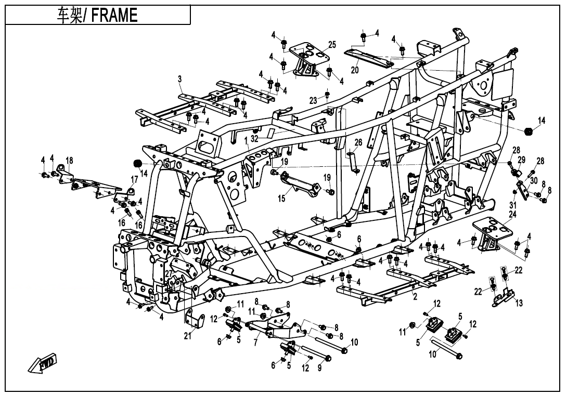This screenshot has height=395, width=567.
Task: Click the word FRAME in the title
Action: coord(114,15)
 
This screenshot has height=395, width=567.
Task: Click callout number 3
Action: coord(179,79)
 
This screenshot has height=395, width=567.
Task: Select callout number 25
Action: coord(332,45)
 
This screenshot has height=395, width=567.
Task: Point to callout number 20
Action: coord(355,70)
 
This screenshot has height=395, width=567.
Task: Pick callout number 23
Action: coord(313,100)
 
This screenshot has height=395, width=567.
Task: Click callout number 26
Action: coord(358,142)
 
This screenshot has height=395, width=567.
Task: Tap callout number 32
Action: coord(254,139)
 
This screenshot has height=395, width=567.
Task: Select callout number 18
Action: coord(69,160)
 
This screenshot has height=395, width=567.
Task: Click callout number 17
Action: coord(134,180)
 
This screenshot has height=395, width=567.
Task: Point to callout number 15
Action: coord(281,198)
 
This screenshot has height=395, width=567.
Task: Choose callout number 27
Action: coord(169,274)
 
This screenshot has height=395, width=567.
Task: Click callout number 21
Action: coord(188,336)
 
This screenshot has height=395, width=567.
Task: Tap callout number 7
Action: coord(255,344)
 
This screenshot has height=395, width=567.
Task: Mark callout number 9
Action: coord(320,368)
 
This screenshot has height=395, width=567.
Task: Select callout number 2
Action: coord(415,297)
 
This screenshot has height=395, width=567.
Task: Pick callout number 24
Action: coord(512,214)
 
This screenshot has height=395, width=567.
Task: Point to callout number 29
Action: coord(522,160)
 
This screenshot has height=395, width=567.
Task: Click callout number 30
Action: coord(534,180)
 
